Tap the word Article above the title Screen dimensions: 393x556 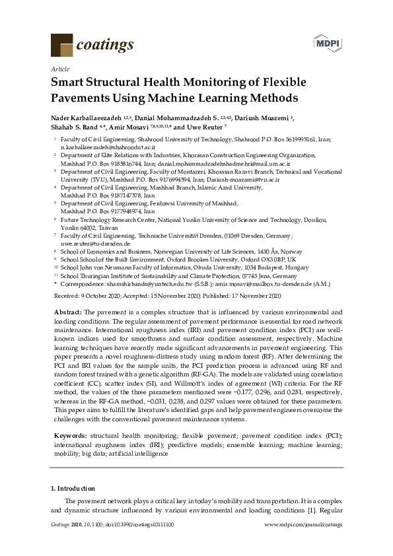[59, 69]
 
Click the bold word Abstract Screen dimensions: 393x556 [65, 312]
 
